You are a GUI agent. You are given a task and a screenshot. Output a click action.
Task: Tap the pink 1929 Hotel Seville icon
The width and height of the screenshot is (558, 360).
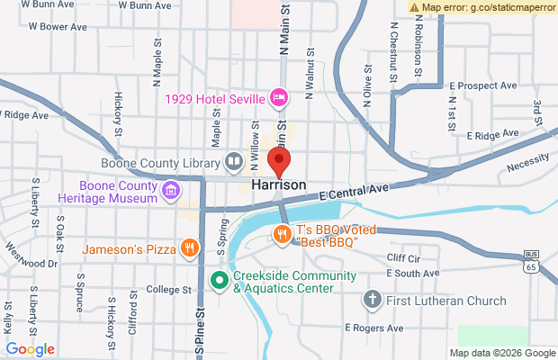(279, 96)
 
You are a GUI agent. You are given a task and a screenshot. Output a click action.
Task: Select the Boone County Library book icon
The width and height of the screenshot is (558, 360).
(234, 163)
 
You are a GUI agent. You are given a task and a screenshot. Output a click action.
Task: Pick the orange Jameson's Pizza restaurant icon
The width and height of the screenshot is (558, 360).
(189, 247)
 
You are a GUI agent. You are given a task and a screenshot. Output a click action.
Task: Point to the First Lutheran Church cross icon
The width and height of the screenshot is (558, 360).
(372, 298)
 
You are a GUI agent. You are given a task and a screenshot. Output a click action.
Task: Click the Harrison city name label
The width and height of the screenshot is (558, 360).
(279, 184)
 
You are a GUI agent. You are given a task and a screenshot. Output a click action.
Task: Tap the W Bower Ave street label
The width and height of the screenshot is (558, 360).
(58, 27)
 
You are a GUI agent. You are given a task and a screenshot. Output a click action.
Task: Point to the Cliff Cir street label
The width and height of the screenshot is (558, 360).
(403, 258)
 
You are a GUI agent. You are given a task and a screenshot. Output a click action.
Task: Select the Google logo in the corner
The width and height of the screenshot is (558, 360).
(30, 348)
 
